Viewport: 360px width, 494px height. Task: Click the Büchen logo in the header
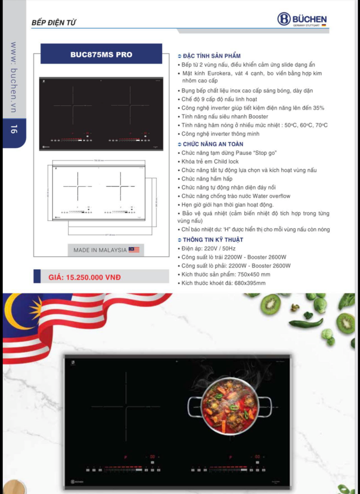[x=302, y=19]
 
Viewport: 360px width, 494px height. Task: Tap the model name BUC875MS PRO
[x=101, y=55]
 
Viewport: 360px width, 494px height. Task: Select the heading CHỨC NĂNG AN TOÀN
[x=213, y=144]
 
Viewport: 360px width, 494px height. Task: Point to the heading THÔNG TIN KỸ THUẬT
[x=213, y=240]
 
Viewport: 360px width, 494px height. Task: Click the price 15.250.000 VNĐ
[x=85, y=277]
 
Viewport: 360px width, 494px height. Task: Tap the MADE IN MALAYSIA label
[x=100, y=250]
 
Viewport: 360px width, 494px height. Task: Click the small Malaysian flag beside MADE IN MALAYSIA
[x=134, y=250]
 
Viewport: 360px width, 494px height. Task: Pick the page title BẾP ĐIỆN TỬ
[x=54, y=23]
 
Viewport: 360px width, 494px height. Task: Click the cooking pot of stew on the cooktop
[x=230, y=405]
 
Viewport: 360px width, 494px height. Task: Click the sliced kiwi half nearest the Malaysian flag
[x=271, y=304]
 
